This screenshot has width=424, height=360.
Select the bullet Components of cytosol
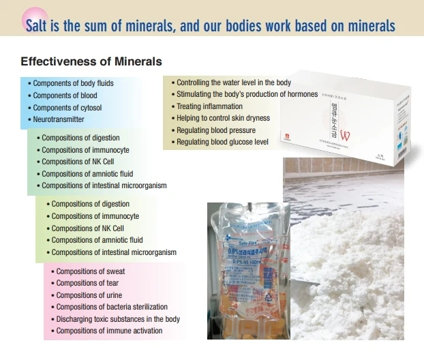[67, 108]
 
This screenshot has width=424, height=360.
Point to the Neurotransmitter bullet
[59, 119]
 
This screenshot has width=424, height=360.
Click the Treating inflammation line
[209, 106]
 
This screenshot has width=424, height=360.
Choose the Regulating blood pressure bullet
[216, 130]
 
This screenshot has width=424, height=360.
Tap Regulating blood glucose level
[222, 142]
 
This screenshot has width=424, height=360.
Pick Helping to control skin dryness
[223, 118]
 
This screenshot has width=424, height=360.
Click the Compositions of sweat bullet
[90, 271]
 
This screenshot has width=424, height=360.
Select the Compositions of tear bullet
[87, 283]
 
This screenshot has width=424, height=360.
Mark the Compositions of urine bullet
[89, 295]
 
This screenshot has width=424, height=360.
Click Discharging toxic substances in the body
[118, 319]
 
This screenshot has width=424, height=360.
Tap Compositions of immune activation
[109, 331]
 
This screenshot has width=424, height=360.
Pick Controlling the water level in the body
[234, 82]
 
